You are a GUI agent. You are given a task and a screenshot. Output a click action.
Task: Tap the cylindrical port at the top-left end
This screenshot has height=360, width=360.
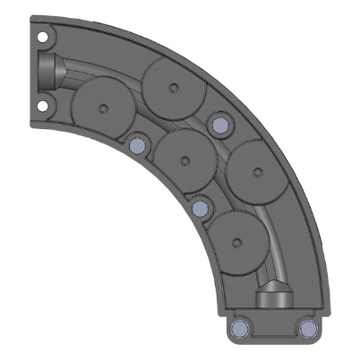50,72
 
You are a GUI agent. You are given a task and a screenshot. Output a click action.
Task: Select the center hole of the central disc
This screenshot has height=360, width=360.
185,162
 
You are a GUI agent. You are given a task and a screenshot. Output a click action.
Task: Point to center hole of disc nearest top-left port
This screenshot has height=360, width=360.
106,108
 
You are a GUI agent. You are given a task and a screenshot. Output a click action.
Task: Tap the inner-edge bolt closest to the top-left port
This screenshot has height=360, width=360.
137,144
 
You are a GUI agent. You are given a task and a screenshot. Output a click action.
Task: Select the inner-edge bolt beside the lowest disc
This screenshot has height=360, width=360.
200,210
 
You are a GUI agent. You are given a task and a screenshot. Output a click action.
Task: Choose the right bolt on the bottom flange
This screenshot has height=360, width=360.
308,329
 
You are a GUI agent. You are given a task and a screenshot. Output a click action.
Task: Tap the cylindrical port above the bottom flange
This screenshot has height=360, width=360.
273,298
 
